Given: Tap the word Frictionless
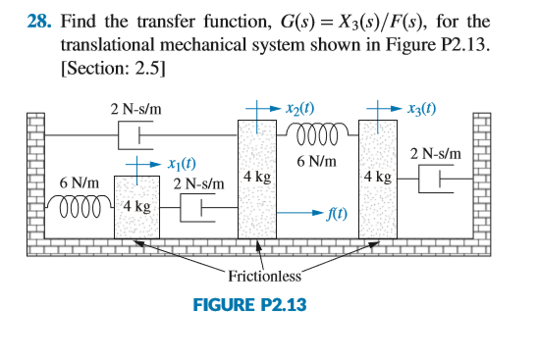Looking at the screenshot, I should click(x=262, y=278).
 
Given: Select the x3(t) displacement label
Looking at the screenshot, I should click(x=417, y=106).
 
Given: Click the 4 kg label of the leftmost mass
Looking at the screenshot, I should click(x=136, y=208).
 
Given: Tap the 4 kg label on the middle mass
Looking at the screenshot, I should click(x=257, y=178).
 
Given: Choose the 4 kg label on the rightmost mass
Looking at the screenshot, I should click(x=378, y=178).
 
